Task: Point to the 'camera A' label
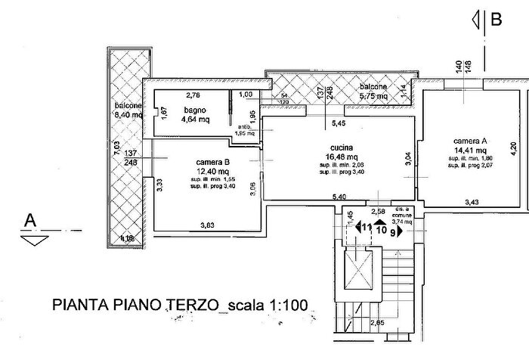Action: point(469,141)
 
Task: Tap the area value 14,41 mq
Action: point(469,151)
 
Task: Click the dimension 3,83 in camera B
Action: point(207,225)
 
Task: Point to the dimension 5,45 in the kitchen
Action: point(340,123)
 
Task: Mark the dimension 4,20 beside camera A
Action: point(513,149)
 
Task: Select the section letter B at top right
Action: point(497,20)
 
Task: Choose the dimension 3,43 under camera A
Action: point(472,202)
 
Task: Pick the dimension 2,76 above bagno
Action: point(193,95)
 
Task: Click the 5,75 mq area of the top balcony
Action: point(373,97)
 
